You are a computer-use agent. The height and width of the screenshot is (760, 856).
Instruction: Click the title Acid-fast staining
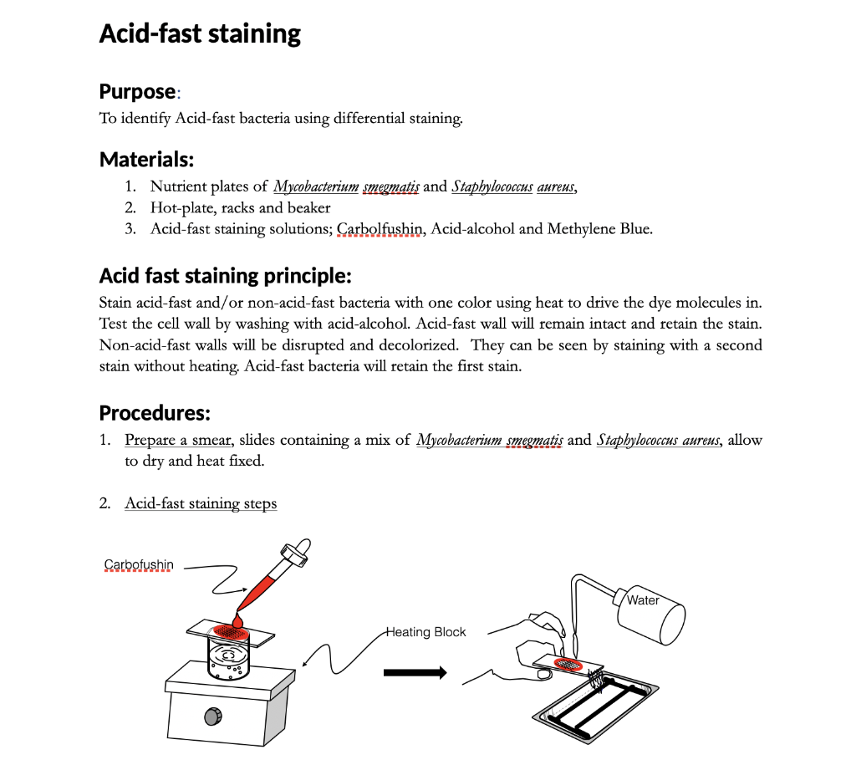200,34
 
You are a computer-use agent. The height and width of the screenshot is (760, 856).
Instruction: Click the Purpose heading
138,90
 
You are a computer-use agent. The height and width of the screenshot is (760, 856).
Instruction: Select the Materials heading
146,159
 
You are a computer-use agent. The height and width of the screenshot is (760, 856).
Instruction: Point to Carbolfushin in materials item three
382,228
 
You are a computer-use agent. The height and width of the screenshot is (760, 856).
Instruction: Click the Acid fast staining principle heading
225,275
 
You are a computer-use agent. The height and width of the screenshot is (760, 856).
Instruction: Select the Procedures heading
155,413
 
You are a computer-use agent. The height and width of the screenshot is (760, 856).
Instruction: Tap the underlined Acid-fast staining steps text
201,503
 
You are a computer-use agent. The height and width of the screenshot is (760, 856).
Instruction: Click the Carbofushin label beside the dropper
139,564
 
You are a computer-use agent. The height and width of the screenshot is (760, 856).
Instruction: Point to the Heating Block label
425,632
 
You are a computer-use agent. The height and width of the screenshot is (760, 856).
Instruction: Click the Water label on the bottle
643,600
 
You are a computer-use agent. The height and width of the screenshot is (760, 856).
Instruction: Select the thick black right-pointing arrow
415,672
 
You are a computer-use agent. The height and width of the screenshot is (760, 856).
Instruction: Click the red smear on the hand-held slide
569,664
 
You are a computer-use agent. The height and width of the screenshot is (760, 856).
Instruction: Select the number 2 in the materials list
130,207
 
